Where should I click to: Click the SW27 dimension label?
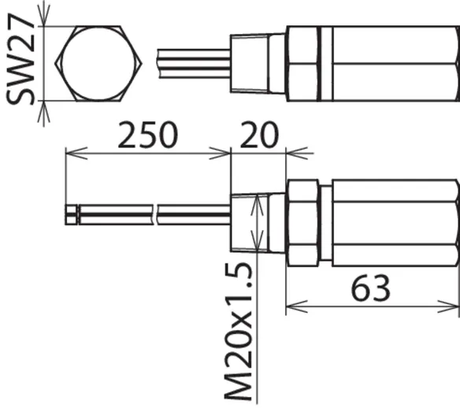[20, 59]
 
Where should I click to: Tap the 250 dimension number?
[148, 135]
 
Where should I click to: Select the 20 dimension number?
[259, 135]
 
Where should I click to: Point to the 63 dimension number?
[371, 288]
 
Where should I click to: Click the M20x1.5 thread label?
[238, 332]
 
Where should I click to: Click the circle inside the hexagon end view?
[98, 63]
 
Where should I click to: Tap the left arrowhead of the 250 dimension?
[76, 153]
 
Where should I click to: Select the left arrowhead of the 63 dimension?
[297, 307]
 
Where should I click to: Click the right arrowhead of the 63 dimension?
[448, 307]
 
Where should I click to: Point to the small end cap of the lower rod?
[72, 215]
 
